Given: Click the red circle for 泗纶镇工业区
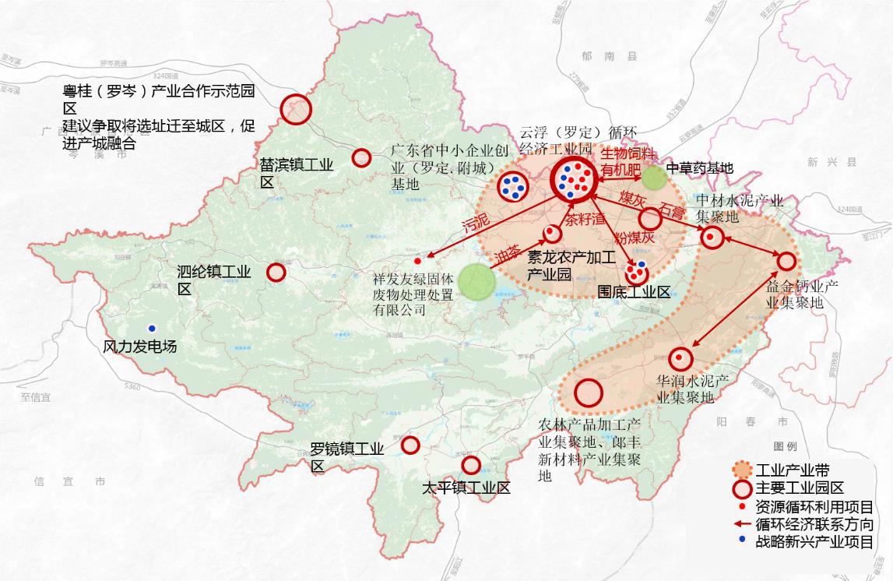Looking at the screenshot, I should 276,273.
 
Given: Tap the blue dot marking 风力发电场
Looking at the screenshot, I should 151,328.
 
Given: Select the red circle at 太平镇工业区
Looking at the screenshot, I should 471,465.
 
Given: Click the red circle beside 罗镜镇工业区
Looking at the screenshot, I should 410,445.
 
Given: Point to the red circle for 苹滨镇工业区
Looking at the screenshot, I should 361,158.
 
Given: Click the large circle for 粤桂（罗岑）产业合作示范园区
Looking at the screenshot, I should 296,109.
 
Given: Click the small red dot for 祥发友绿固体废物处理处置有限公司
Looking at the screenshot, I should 417,261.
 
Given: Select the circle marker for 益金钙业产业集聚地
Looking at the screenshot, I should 786,262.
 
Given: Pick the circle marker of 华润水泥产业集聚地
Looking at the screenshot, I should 680,357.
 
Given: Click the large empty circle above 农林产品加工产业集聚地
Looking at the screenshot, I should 589,393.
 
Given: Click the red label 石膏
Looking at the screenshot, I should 673,210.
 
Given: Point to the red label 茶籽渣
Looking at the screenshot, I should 585,219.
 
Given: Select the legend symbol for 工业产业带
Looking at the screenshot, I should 743,470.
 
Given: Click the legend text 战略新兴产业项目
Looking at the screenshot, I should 814,543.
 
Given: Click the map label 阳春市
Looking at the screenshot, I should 751,421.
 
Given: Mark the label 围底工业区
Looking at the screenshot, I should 633,292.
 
